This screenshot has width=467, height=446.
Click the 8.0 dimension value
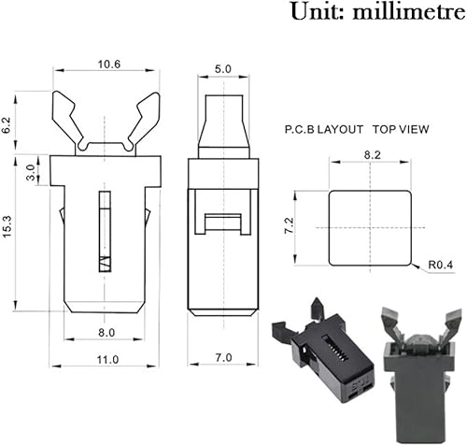point(105,332)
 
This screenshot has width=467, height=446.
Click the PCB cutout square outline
point(371,192)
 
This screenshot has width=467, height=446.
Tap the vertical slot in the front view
point(105,231)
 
